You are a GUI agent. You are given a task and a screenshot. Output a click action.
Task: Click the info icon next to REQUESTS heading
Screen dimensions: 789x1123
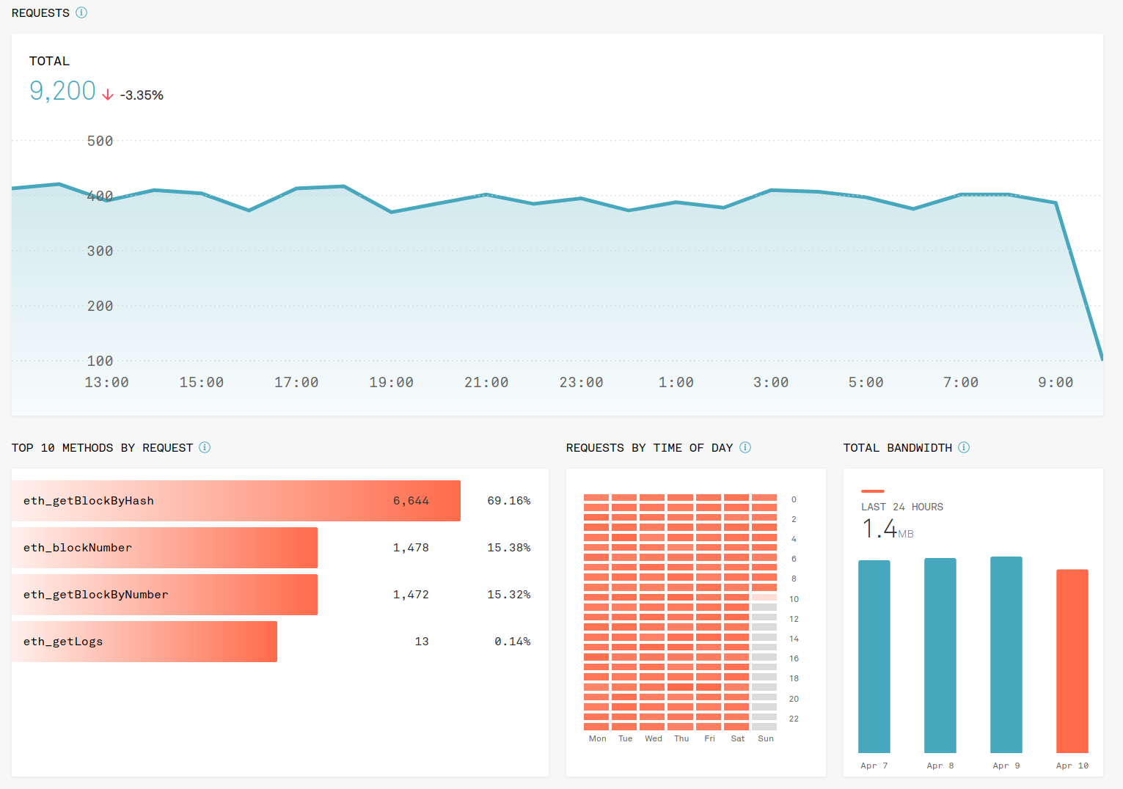pos(81,12)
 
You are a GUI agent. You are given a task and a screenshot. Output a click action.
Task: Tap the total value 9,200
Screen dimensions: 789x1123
pos(62,91)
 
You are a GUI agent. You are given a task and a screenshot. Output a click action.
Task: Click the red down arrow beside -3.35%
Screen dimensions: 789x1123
pos(108,95)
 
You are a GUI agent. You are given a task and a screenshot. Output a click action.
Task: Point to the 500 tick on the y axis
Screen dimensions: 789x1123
pos(100,141)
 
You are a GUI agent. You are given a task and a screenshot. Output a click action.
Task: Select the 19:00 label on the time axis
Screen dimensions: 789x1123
pos(391,382)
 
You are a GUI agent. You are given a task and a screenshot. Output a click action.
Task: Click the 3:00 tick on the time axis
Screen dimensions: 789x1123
pos(771,382)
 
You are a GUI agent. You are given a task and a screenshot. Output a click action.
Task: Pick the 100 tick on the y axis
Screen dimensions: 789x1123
pos(100,361)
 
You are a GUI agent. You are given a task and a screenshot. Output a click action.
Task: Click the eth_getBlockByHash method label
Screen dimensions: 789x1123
pos(89,501)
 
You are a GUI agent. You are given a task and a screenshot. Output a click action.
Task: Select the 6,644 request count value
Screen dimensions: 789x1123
pos(411,501)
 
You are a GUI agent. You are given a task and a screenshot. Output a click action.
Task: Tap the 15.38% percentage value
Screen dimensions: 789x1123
pos(508,548)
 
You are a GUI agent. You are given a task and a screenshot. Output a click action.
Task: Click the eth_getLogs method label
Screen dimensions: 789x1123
pos(63,642)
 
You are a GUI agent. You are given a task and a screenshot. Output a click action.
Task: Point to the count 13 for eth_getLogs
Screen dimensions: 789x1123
pos(422,642)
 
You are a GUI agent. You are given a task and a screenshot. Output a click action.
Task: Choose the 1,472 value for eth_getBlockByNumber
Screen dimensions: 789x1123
pos(411,595)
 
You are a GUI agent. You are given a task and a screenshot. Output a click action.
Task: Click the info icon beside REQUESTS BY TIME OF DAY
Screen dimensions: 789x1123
pos(745,447)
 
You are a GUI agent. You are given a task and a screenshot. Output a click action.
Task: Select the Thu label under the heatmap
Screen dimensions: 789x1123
pos(681,738)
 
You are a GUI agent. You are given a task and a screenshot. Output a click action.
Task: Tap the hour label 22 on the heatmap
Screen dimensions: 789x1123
pos(794,719)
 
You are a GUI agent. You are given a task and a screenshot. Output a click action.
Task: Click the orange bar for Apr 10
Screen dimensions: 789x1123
pos(1072,661)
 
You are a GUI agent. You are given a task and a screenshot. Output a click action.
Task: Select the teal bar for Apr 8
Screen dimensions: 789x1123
pos(940,655)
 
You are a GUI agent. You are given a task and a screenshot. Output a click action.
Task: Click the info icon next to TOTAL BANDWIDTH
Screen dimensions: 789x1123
pos(964,447)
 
